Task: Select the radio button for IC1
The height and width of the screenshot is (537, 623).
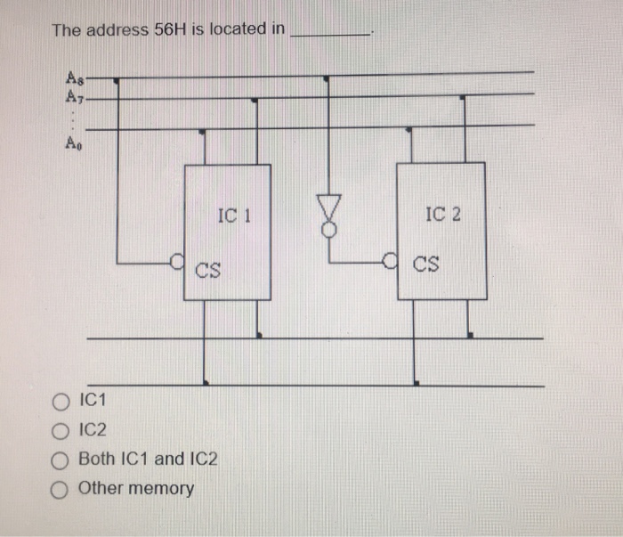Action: [61, 401]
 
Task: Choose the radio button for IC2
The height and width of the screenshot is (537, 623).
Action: [61, 430]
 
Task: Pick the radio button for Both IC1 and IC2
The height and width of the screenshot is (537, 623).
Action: [61, 460]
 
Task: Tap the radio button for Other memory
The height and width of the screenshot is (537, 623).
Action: [61, 489]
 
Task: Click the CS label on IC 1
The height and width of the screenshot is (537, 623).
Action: [209, 266]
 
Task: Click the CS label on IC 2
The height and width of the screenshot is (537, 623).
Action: [425, 265]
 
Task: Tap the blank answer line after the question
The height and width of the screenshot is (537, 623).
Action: [333, 34]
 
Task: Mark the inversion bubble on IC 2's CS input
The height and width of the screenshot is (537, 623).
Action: [388, 261]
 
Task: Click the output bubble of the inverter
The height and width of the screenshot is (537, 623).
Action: [329, 229]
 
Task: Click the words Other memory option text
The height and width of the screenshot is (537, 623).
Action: [136, 489]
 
